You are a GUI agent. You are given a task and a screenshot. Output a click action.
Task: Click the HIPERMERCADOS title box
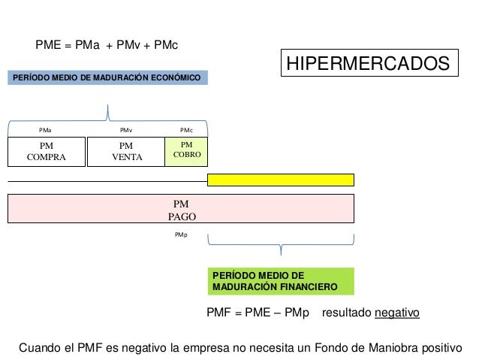[369, 62]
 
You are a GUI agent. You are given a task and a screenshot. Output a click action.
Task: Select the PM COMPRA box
[47, 152]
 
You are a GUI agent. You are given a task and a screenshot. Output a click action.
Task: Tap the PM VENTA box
[126, 152]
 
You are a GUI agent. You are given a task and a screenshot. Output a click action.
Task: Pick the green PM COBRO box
[186, 152]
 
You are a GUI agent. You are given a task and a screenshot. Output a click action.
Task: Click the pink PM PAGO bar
[181, 209]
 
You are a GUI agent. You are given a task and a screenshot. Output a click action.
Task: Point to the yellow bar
[281, 180]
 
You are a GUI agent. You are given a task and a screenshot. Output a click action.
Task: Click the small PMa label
[45, 130]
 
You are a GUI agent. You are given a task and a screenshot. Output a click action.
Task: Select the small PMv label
[126, 130]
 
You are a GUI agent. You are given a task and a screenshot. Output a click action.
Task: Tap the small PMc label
[186, 130]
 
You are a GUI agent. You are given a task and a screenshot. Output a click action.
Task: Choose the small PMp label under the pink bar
[181, 235]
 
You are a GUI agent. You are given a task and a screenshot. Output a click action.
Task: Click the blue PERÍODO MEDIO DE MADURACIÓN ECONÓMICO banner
[107, 77]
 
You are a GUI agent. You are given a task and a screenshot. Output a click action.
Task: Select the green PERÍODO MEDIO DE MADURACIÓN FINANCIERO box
[281, 281]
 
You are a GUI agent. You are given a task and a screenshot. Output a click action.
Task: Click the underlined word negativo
[397, 313]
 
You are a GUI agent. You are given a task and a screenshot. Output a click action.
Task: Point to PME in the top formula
[48, 45]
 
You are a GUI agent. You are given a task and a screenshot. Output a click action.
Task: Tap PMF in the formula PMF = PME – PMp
[218, 313]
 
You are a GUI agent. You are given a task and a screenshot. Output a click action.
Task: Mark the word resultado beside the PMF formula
[347, 313]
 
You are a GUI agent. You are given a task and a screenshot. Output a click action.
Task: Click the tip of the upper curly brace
[107, 105]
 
